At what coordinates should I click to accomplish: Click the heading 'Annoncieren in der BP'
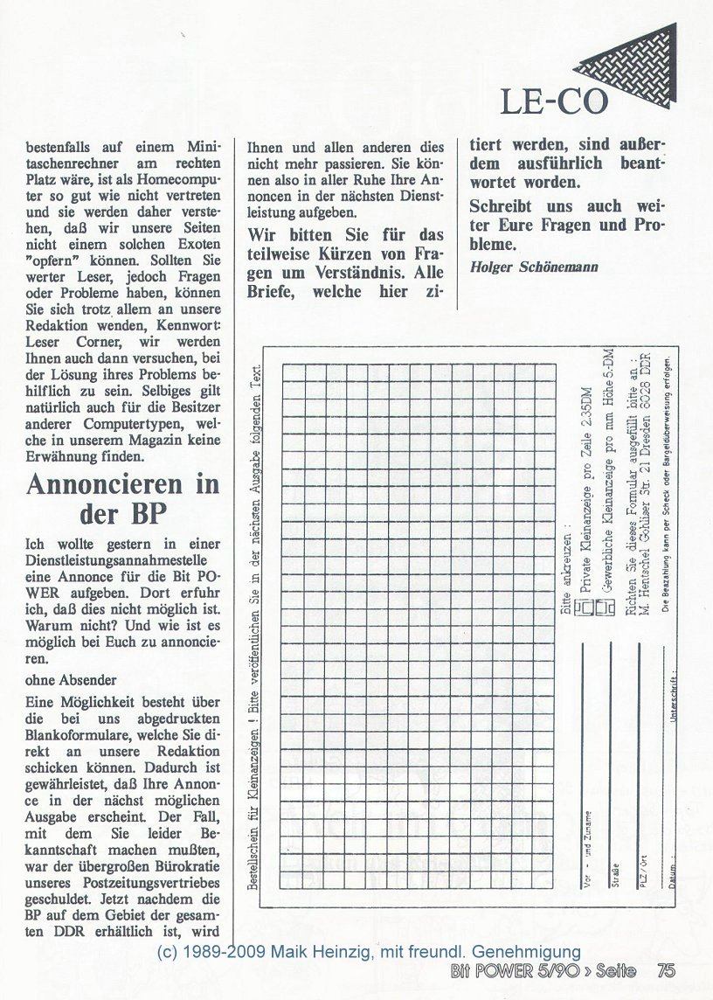(122, 499)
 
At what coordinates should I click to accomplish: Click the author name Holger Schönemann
(534, 267)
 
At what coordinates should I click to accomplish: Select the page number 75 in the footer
(666, 970)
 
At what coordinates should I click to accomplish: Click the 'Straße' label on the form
(616, 874)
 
